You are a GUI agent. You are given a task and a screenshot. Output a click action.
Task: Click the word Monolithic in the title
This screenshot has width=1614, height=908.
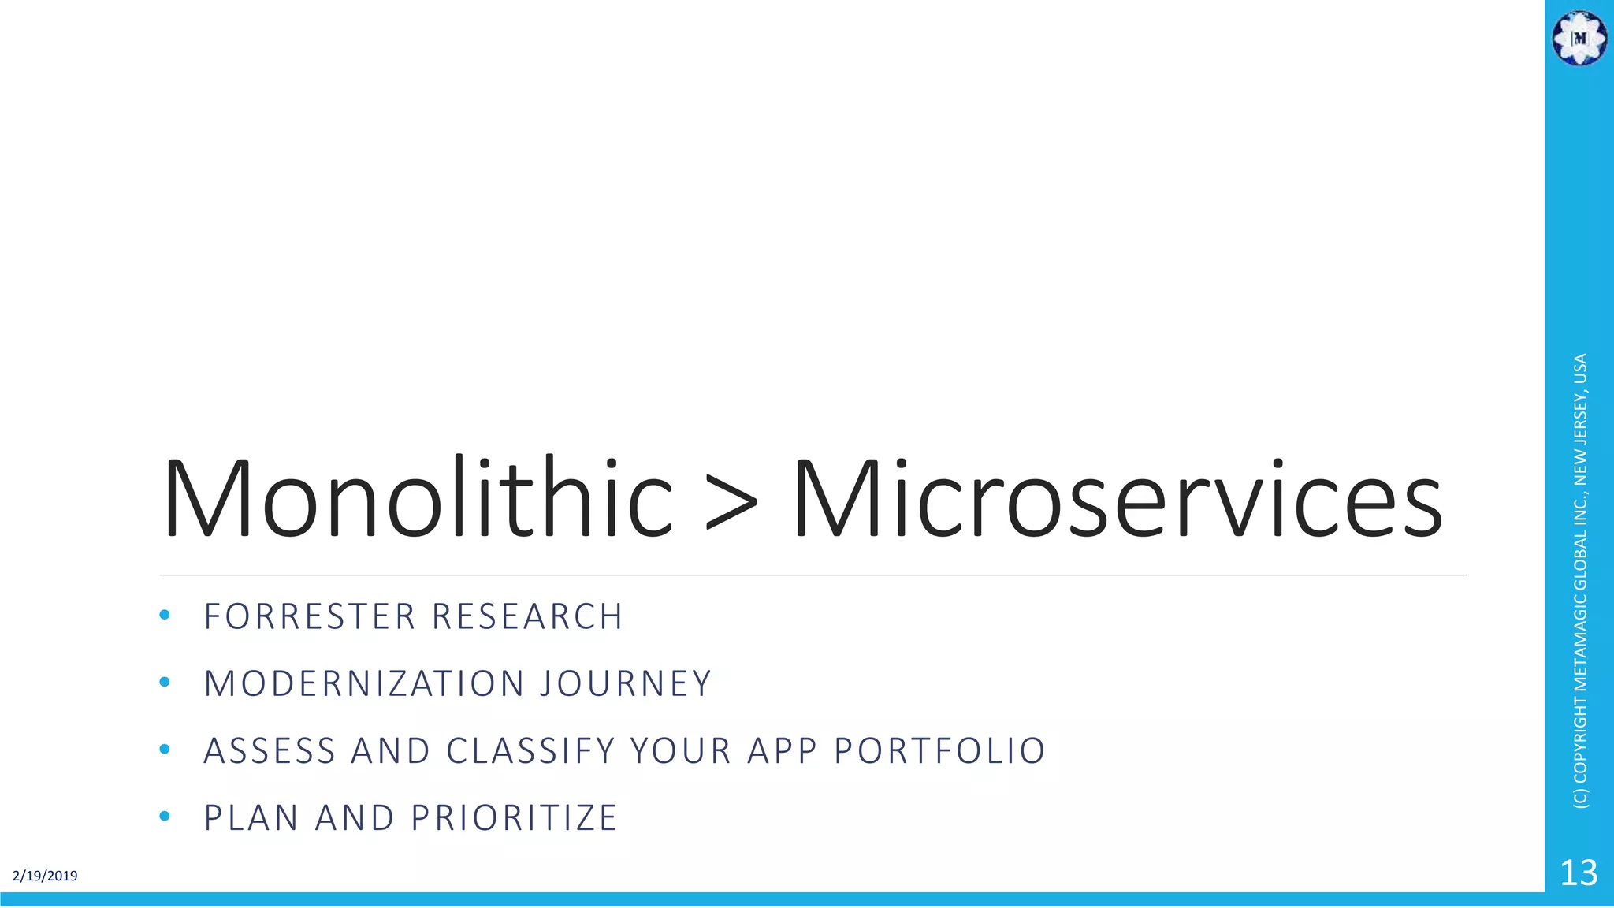tap(418, 498)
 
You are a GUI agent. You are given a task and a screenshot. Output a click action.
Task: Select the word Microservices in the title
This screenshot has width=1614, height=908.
tap(1118, 498)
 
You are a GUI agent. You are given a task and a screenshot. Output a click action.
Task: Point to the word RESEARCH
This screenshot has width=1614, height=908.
tap(527, 616)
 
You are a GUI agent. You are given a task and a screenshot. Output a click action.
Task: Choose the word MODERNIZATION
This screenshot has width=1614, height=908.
tap(364, 683)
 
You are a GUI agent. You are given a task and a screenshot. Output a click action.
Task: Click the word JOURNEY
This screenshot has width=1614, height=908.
tap(626, 683)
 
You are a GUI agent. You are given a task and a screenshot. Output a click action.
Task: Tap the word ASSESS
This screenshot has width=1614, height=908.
tap(270, 750)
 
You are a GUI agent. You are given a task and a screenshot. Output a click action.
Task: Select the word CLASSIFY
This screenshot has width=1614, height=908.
tap(530, 750)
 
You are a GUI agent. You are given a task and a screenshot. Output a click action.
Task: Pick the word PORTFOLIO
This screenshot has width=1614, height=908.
tap(939, 750)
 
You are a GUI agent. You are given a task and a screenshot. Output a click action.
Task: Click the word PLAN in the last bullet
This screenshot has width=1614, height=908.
tap(251, 817)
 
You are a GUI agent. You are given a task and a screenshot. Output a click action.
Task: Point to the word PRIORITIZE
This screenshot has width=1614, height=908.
tap(514, 817)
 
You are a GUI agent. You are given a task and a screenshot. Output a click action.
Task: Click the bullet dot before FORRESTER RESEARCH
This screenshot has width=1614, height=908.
tap(164, 615)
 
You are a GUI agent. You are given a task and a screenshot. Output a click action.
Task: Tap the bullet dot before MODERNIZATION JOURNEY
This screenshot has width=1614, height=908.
tap(164, 682)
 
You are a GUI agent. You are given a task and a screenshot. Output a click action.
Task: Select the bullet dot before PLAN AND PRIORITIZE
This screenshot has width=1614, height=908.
tap(164, 816)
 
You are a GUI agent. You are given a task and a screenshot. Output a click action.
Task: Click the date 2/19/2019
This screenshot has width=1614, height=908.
tap(45, 876)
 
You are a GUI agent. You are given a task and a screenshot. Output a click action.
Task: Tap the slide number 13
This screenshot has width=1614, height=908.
tap(1579, 873)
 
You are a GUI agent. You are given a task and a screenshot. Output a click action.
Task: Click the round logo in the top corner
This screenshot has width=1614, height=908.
tap(1579, 38)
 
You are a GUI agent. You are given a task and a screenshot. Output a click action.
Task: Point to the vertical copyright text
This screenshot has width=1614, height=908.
tap(1580, 581)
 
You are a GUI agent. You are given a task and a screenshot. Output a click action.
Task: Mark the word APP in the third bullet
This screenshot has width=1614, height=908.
tap(772, 750)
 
